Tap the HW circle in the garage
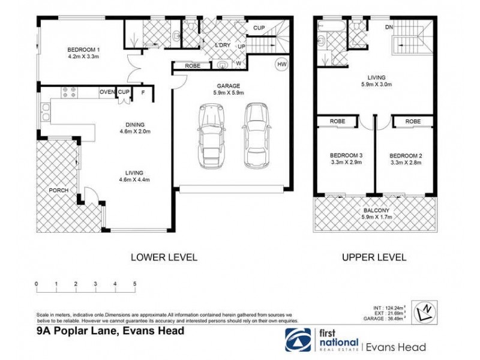(x=281, y=64)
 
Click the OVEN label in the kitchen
(x=107, y=92)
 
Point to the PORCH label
(x=58, y=191)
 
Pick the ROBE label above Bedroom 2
(x=413, y=121)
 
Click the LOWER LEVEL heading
(x=164, y=257)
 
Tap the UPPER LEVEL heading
(x=374, y=257)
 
